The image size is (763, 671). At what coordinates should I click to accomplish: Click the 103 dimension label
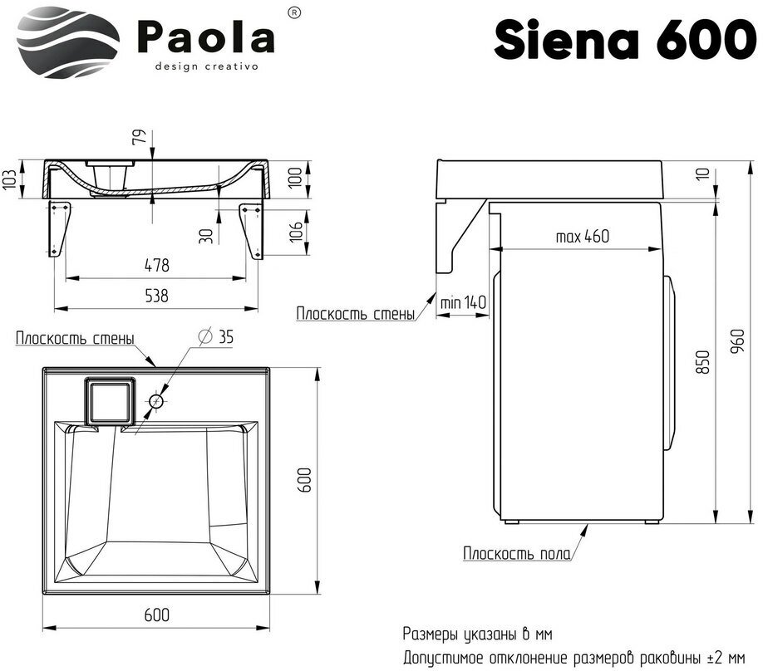[10, 178]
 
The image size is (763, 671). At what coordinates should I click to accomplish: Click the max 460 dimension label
[582, 236]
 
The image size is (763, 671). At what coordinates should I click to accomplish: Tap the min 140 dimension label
[462, 302]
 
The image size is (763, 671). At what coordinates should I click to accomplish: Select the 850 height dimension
[704, 363]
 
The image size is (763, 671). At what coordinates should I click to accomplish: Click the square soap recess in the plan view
[108, 399]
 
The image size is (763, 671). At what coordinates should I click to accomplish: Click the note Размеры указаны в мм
[477, 634]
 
